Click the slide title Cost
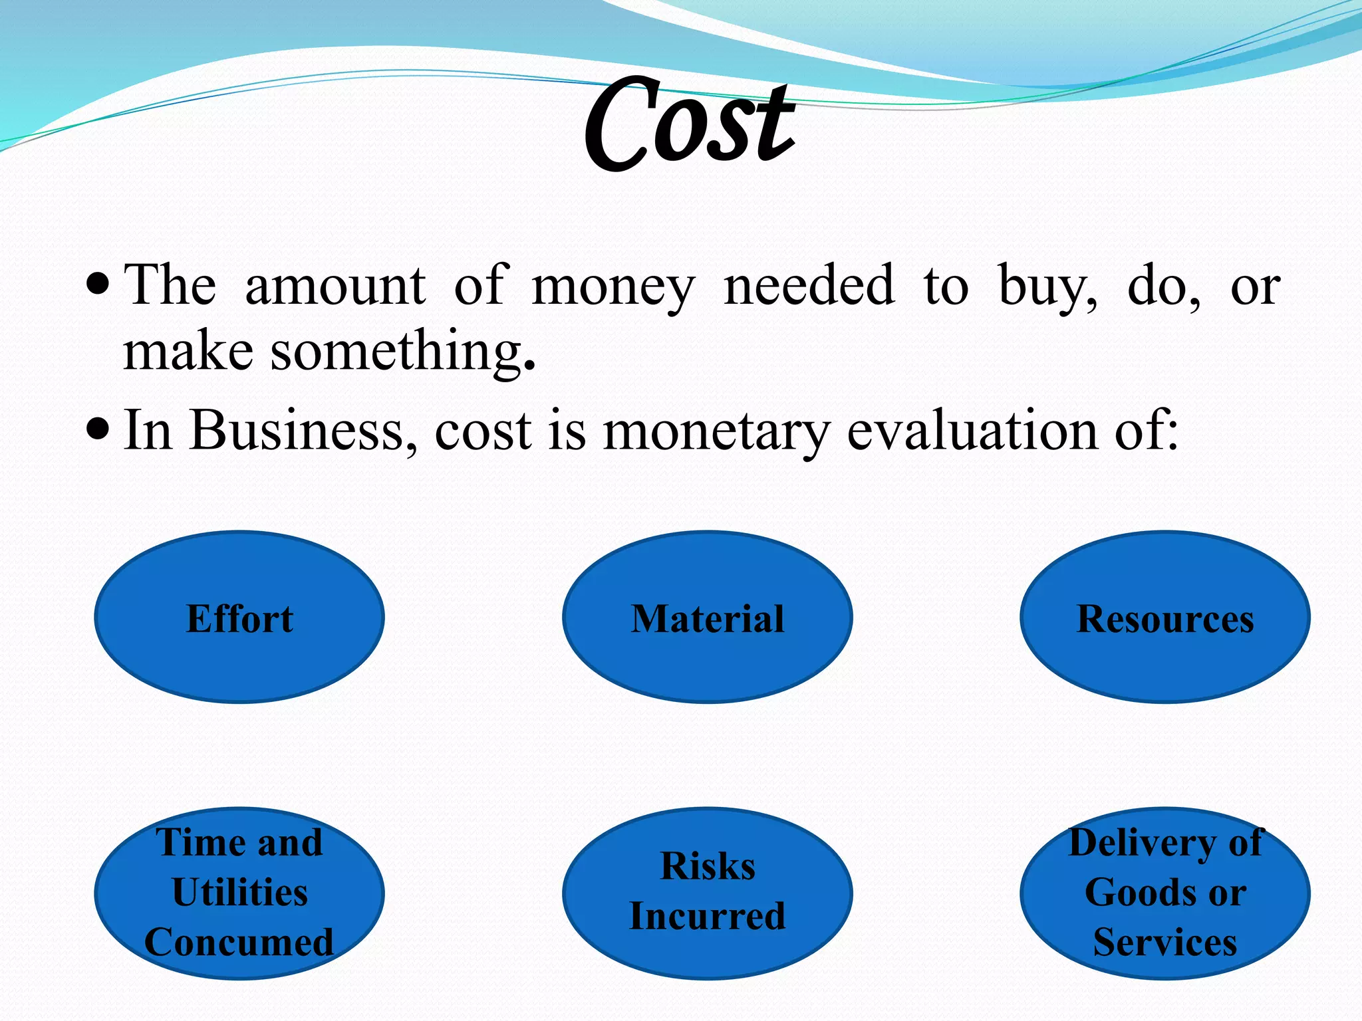coord(690,123)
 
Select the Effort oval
coord(239,617)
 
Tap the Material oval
coord(708,617)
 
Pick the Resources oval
coord(1165,617)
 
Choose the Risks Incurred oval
coord(708,893)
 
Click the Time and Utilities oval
coord(239,893)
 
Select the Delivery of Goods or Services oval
coord(1165,893)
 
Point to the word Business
coord(297,431)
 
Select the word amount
coord(335,286)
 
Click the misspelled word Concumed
coord(239,942)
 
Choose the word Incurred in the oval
coord(708,916)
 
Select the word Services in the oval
coord(1165,942)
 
